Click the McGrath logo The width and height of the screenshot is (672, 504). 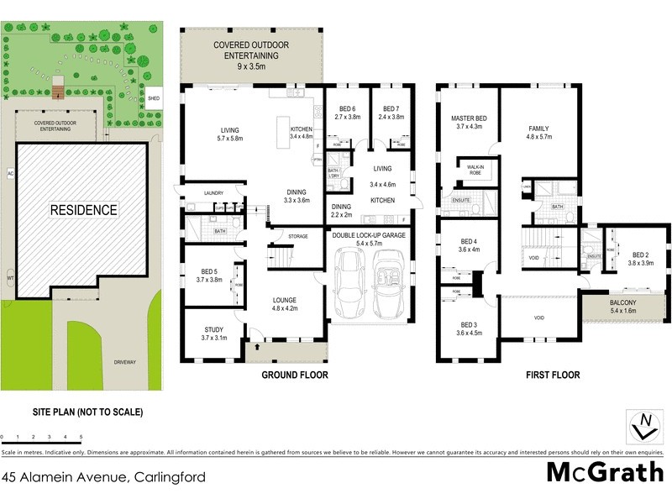[605, 472]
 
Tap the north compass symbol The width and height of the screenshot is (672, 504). [644, 425]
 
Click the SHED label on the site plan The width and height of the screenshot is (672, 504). [153, 97]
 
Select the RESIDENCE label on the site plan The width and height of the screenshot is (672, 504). [82, 209]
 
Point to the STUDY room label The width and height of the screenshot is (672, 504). [213, 333]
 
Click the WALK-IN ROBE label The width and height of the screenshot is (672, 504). [477, 168]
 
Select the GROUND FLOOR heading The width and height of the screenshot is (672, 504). [294, 375]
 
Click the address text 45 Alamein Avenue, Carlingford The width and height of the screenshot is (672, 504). [102, 476]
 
